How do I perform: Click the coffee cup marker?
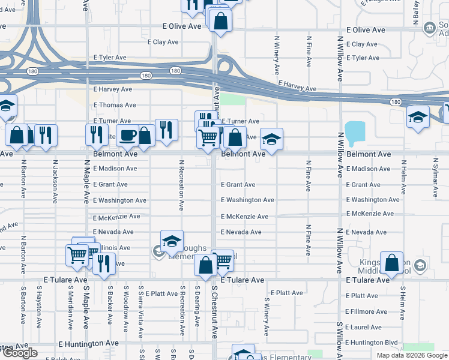(x=127, y=135)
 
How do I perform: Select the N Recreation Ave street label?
(x=181, y=185)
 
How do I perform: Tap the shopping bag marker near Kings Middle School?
(x=392, y=263)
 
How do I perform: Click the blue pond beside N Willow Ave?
(x=355, y=131)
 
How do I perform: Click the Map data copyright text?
(x=411, y=355)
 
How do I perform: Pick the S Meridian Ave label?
(x=70, y=309)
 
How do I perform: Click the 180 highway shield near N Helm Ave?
(x=395, y=102)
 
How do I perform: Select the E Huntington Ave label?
(x=88, y=343)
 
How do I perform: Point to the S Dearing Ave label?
(x=197, y=306)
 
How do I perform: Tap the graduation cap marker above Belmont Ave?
(x=271, y=140)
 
